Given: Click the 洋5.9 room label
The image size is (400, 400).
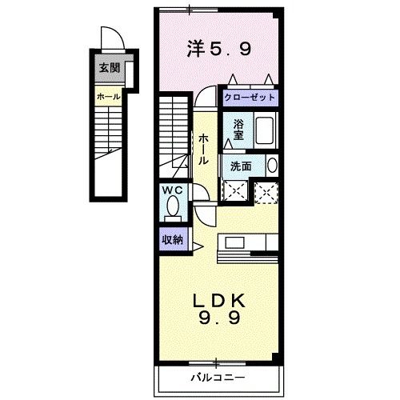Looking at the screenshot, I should click(220, 48).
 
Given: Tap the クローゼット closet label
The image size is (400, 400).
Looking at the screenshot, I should click(250, 98).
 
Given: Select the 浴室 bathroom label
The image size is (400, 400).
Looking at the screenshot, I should click(238, 129).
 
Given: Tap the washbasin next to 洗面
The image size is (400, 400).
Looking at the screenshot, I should click(272, 166).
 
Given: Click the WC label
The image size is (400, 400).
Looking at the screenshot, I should click(172, 190).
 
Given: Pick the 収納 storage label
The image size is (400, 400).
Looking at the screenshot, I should click(172, 239).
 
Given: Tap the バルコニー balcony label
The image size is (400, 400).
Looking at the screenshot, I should click(216, 376).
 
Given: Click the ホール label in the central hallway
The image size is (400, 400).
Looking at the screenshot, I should click(205, 148).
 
